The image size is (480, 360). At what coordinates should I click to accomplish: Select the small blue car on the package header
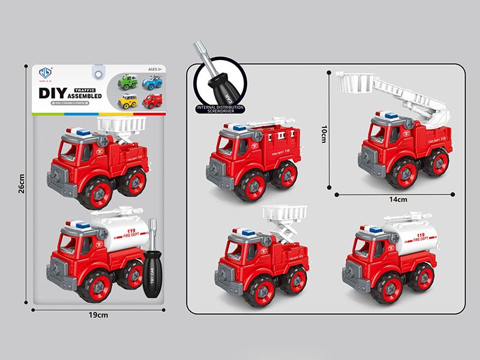(x=153, y=82)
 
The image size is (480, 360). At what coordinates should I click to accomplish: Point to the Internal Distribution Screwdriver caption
(x=214, y=109)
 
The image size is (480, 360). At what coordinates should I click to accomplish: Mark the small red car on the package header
(x=152, y=100)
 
